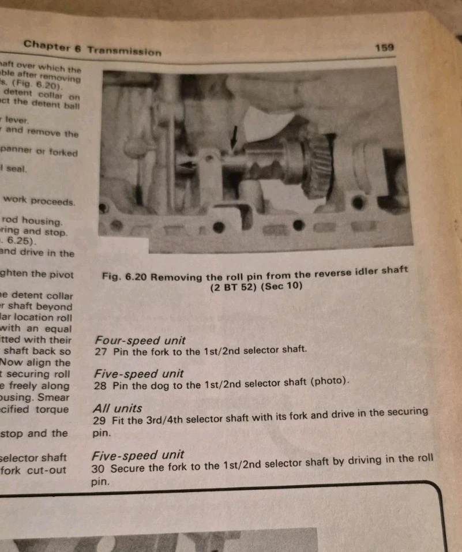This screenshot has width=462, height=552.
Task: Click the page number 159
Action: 384,47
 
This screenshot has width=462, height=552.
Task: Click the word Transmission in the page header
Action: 125,51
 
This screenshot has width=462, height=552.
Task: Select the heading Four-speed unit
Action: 140,340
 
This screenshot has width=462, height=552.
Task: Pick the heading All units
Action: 118,408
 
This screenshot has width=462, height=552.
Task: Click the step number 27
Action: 100,351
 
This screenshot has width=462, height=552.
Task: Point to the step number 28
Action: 100,385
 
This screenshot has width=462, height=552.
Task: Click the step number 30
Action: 99,469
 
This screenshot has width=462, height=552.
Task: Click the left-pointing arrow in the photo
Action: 186,166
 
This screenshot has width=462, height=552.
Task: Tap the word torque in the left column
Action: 51,410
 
